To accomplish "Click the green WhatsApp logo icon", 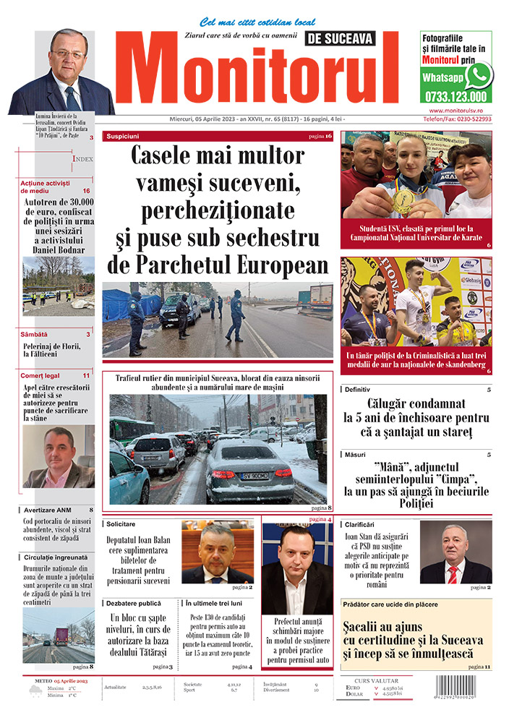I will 479,75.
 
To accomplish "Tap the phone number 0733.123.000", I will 457,96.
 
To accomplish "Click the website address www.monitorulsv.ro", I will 455,110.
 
